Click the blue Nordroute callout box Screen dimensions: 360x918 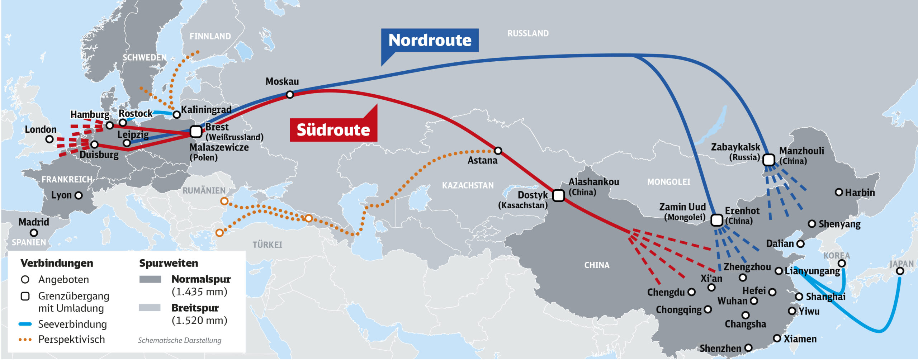point(430,40)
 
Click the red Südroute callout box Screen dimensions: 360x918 point(333,130)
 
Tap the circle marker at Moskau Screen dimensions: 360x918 point(290,95)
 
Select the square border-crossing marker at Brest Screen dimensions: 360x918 point(196,132)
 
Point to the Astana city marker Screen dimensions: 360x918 point(498,151)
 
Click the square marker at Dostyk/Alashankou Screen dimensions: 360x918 point(558,196)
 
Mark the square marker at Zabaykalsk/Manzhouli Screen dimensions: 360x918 point(768,160)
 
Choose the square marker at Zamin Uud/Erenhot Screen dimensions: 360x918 point(716,220)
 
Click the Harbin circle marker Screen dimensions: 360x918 point(838,192)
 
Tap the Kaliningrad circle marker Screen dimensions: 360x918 point(176,115)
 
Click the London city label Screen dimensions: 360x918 point(41,129)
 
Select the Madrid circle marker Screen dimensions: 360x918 point(34,233)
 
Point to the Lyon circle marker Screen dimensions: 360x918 point(79,195)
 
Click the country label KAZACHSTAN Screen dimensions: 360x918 point(468,185)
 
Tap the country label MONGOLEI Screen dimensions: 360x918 point(668,182)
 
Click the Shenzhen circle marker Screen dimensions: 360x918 point(748,348)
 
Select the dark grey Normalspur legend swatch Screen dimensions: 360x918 point(150,279)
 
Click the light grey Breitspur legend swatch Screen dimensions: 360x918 point(150,308)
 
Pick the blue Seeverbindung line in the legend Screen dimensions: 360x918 point(25,324)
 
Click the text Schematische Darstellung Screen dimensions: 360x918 point(179,340)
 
